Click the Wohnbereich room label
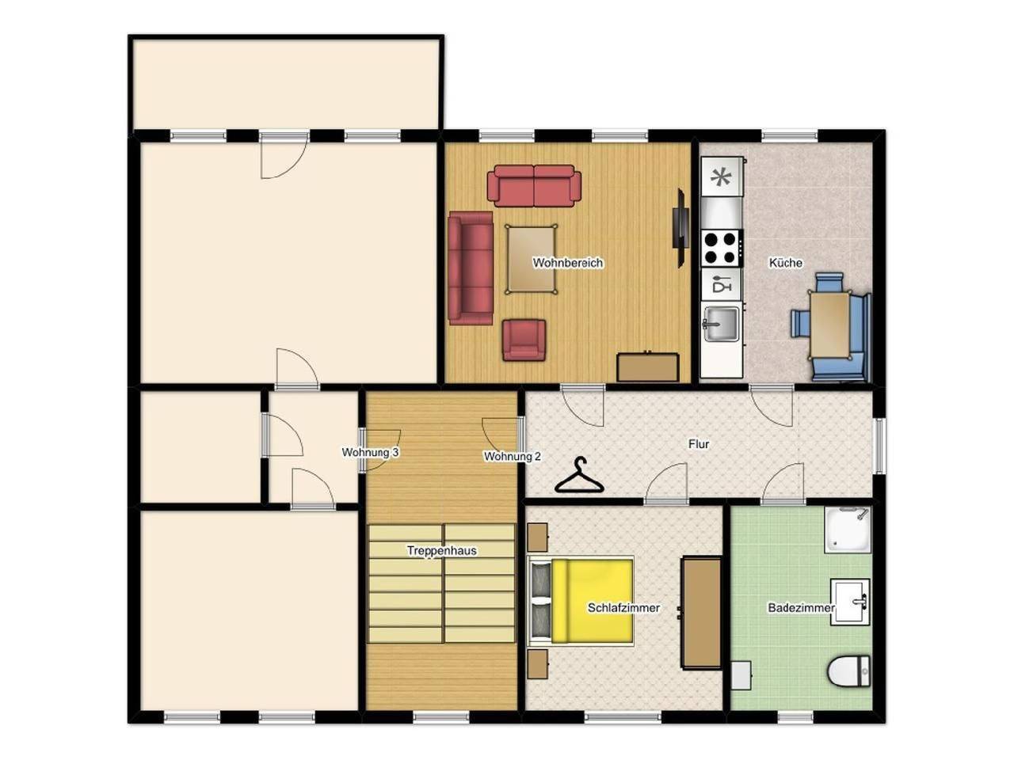click(x=567, y=263)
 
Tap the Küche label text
click(x=785, y=263)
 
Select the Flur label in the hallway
click(x=698, y=444)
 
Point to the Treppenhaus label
click(x=441, y=551)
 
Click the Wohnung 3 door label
click(x=370, y=453)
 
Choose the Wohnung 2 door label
click(x=512, y=457)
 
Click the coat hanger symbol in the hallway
click(x=579, y=477)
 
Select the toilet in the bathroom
click(x=848, y=672)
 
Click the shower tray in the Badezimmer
click(x=847, y=530)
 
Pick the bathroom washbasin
click(x=850, y=602)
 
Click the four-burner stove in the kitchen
click(x=722, y=247)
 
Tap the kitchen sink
click(x=720, y=324)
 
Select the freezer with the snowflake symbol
click(x=721, y=178)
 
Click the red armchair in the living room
click(x=524, y=340)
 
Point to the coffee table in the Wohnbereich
click(x=532, y=259)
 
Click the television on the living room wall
click(x=679, y=228)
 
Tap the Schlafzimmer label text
click(x=623, y=608)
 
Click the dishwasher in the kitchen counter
click(x=721, y=285)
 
